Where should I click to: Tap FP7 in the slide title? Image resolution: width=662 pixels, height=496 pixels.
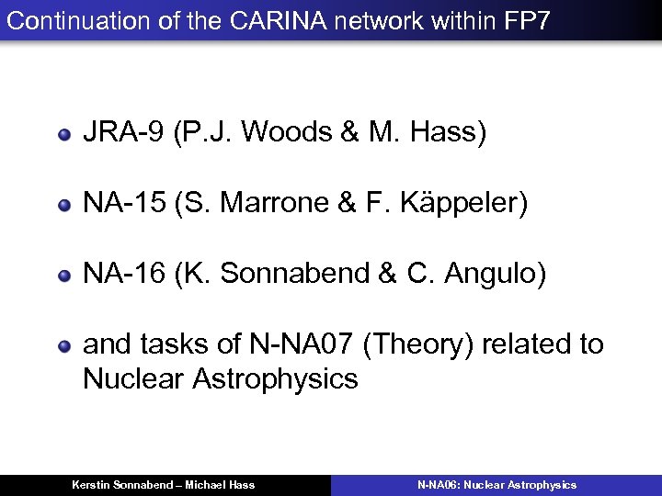528,20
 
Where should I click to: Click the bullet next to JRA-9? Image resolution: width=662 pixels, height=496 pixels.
64,134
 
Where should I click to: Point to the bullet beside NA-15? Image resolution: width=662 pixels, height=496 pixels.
64,205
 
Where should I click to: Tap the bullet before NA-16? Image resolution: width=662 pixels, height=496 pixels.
64,275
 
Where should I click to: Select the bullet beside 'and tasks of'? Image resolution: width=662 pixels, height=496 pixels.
64,346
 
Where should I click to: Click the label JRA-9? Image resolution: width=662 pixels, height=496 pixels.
122,133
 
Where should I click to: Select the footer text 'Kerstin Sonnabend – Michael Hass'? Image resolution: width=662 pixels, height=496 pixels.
164,485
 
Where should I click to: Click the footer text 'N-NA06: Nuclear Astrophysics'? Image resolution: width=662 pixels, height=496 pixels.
496,485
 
